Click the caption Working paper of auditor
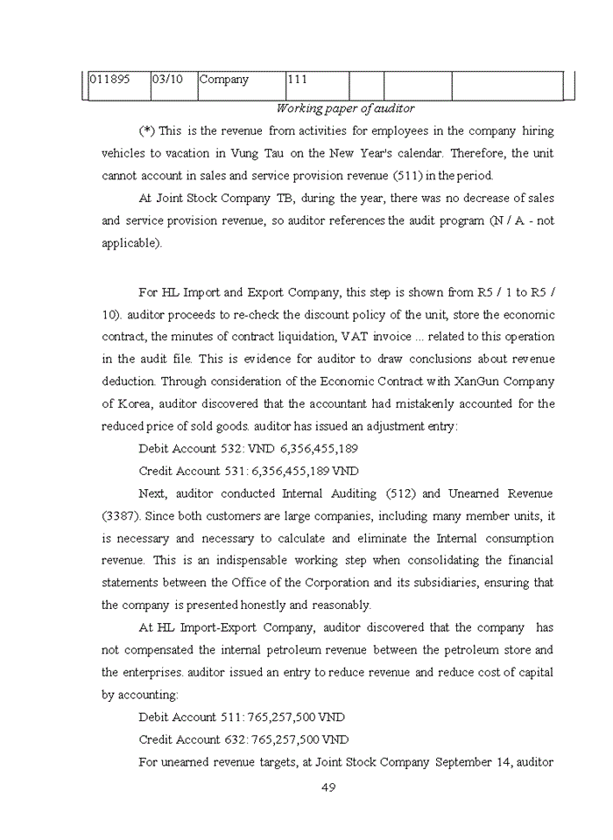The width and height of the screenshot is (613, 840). click(345, 108)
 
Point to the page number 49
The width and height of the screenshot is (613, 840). click(328, 787)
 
